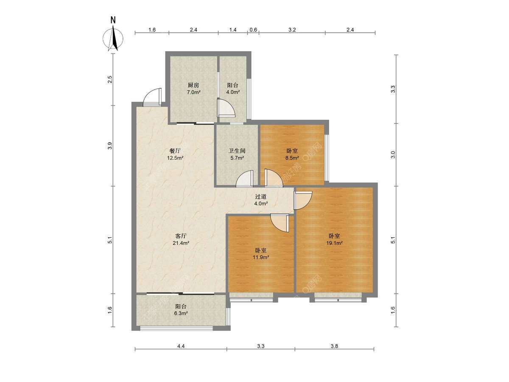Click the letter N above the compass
113,20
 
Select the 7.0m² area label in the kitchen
193,92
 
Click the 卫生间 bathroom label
237,151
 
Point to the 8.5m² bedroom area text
292,158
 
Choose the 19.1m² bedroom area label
334,243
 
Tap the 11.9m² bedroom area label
261,257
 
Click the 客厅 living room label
181,236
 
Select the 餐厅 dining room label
175,151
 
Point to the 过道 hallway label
260,197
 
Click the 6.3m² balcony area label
181,313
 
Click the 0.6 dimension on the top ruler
253,30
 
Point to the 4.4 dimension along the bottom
181,353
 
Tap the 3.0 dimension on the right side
393,154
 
